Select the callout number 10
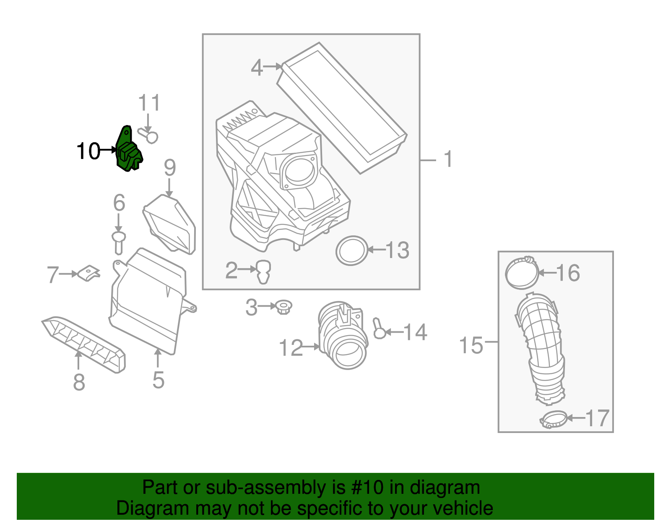[88, 151]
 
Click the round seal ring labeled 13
[352, 250]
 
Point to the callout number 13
[397, 250]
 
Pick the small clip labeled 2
[263, 271]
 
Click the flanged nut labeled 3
[284, 308]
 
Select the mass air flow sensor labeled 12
[343, 336]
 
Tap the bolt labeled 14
[379, 330]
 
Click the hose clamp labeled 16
[522, 273]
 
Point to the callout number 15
[471, 346]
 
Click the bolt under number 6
[119, 242]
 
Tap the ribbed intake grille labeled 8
[84, 344]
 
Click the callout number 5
[158, 380]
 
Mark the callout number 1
[448, 159]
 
